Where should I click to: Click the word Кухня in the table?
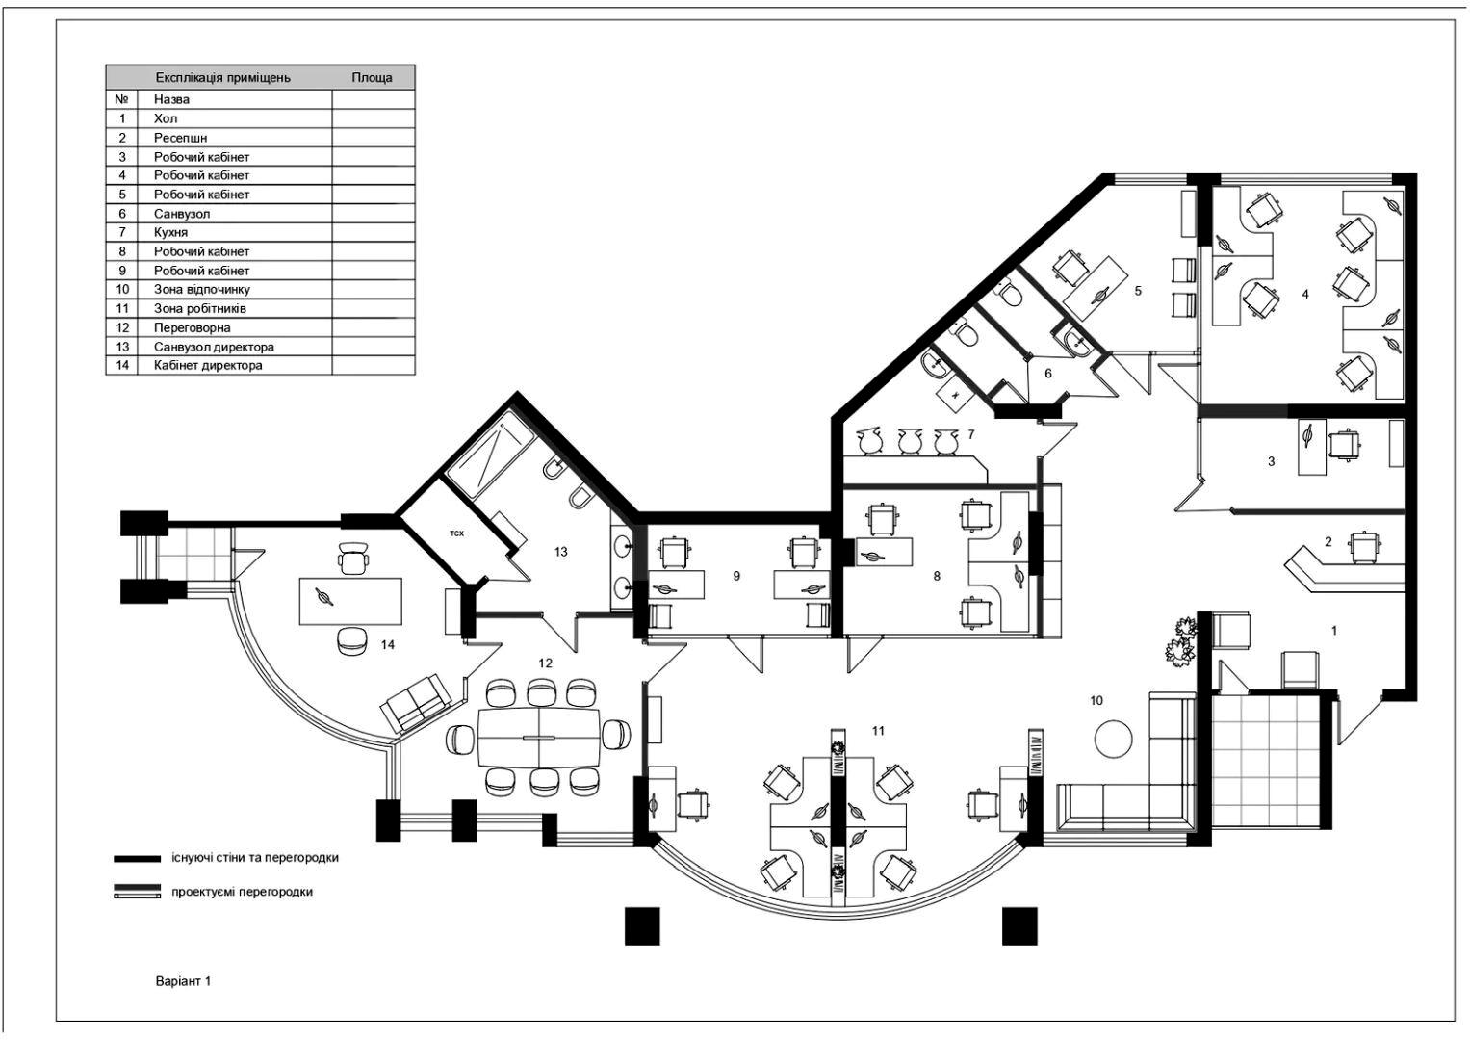pyautogui.click(x=170, y=232)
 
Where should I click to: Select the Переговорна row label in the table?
pyautogui.click(x=193, y=327)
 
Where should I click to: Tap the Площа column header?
pyautogui.click(x=373, y=77)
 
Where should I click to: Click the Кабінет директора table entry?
pyautogui.click(x=208, y=365)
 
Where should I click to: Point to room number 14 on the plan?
pyautogui.click(x=388, y=645)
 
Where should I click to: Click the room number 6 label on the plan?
pyautogui.click(x=1048, y=374)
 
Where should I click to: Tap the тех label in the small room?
pyautogui.click(x=456, y=533)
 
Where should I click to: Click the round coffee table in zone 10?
pyautogui.click(x=1114, y=740)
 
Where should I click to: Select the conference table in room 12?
pyautogui.click(x=539, y=738)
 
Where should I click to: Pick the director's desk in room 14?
pyautogui.click(x=350, y=601)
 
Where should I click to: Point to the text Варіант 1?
pyautogui.click(x=183, y=981)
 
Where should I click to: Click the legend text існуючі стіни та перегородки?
pyautogui.click(x=255, y=857)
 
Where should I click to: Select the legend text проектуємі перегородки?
pyautogui.click(x=243, y=893)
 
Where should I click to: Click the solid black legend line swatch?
pyautogui.click(x=137, y=859)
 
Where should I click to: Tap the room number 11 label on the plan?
pyautogui.click(x=878, y=731)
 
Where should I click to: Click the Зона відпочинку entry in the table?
pyautogui.click(x=202, y=290)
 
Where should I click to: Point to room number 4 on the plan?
pyautogui.click(x=1305, y=295)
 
